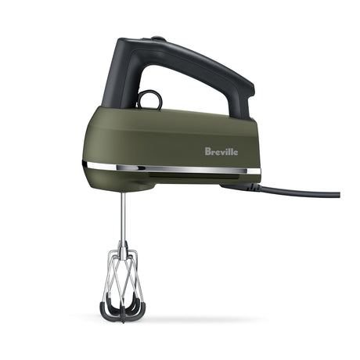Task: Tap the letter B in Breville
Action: coord(208,151)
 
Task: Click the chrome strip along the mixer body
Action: coord(172,168)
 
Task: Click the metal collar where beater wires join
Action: coord(122,249)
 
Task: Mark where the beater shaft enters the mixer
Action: coord(122,193)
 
